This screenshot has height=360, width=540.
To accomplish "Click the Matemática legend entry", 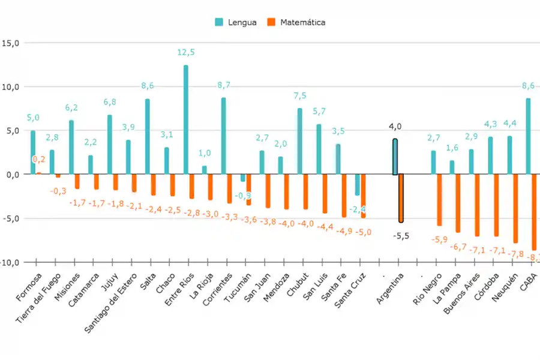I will pos(296,22).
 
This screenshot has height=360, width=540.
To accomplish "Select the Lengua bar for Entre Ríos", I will pos(186,120).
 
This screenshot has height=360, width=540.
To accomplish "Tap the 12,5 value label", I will pos(186,53).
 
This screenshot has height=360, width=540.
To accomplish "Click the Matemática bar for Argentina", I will pos(401,198).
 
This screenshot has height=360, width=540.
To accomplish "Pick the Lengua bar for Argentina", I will pos(395,157).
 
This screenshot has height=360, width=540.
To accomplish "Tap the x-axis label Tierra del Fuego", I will pos(38,299).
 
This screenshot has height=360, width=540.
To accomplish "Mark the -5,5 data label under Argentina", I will pos(401,236).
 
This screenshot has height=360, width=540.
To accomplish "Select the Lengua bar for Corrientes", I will pos(224,136).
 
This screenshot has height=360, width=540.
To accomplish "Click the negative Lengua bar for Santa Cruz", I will pos(358,185).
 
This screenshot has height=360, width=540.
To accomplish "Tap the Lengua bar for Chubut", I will pos(300,142).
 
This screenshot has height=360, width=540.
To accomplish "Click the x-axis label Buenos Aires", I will pos(463,295).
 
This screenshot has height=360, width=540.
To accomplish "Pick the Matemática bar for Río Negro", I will pos(439,200).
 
